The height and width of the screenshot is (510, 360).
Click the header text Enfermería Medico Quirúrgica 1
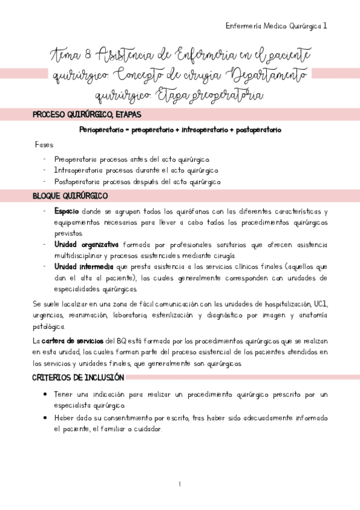coord(276,26)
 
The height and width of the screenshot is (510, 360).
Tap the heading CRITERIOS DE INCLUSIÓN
coord(78,378)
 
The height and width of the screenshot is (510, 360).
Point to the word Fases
coord(44,146)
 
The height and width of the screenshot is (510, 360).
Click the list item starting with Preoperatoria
coord(132,159)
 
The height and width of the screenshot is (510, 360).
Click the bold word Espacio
coord(67,212)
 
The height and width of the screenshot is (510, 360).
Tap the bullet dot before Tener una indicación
coord(46,395)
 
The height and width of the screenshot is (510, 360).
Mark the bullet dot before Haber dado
coord(46,417)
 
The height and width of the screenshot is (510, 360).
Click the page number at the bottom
coord(180,484)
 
